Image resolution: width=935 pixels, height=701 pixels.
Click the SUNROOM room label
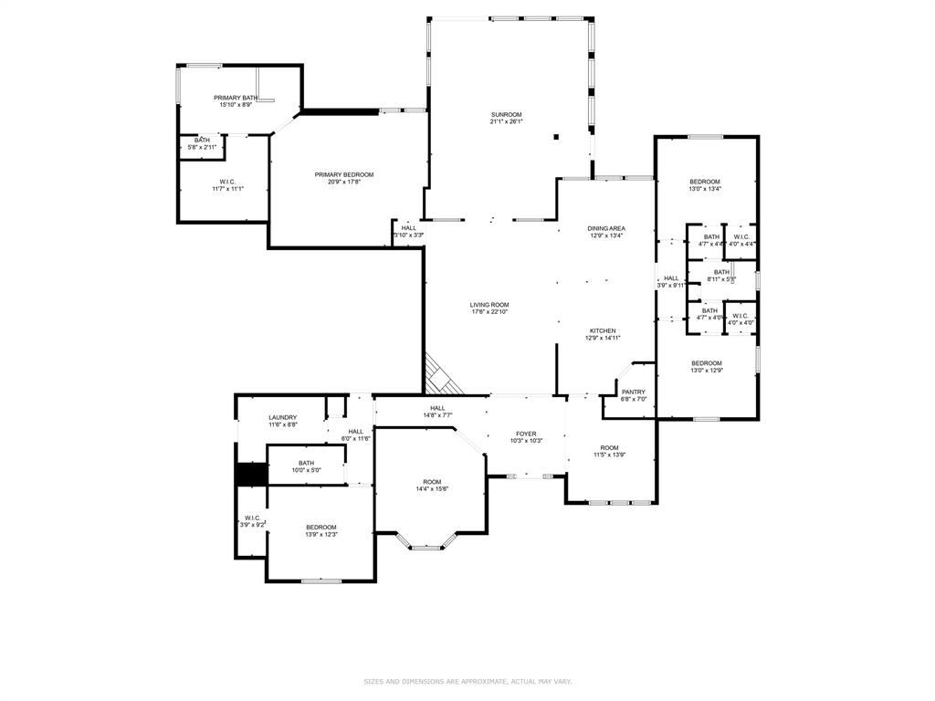505,114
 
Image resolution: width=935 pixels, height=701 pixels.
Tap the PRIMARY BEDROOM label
344,174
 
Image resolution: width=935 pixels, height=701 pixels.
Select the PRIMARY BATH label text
236,98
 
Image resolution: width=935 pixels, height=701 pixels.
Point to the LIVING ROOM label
489,305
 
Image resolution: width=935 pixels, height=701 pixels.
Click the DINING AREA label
606,228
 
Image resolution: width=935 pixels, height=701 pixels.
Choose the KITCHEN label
602,330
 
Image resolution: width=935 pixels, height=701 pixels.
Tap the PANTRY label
633,392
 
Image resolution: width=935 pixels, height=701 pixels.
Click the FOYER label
526,434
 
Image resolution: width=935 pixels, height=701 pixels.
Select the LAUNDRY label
282,417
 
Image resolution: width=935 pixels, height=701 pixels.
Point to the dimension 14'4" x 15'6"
432,489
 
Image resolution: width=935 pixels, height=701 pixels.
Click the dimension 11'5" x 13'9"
609,455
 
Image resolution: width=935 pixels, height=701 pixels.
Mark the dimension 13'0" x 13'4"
704,189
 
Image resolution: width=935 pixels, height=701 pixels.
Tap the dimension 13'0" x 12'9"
706,371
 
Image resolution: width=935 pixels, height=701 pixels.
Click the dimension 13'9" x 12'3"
320,534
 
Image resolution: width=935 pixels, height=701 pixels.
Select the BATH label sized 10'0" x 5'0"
306,464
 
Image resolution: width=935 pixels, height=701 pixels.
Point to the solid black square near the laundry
250,475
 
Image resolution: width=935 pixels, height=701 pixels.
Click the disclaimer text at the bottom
467,681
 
